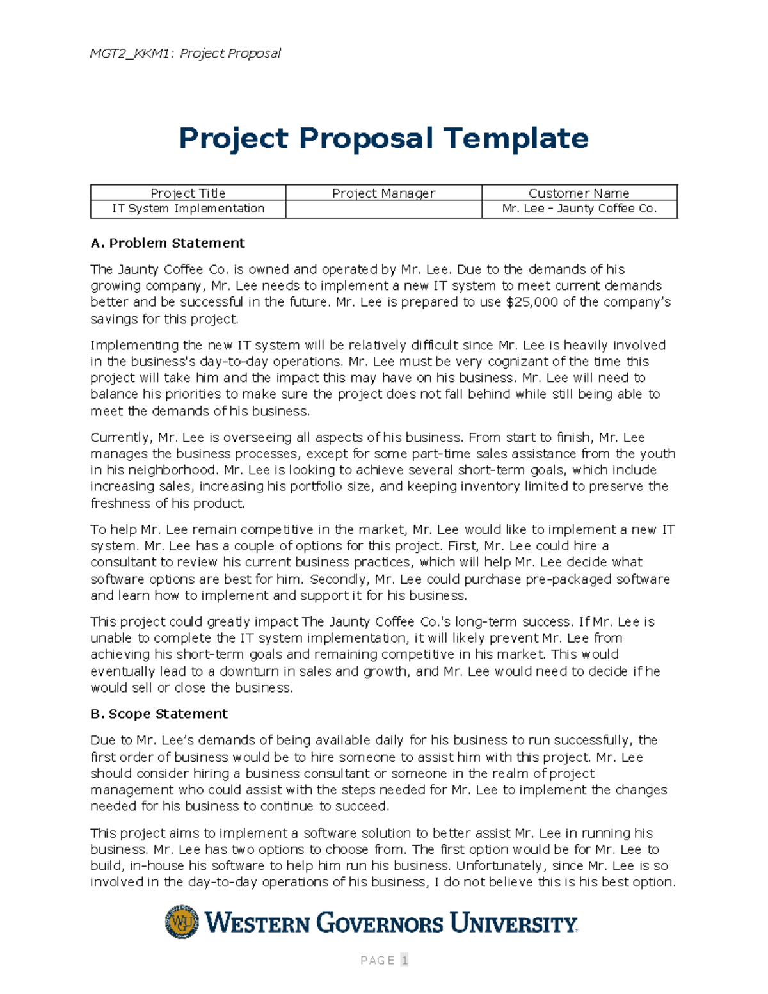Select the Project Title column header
(188, 193)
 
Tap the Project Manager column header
(383, 193)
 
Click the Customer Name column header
(579, 193)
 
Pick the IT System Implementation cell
(188, 209)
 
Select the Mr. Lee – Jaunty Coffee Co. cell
(579, 209)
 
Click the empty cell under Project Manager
(383, 209)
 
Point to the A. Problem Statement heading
(168, 243)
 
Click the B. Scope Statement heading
(159, 714)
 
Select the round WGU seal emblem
(182, 922)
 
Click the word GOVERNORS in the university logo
(380, 924)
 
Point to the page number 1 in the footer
(404, 960)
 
